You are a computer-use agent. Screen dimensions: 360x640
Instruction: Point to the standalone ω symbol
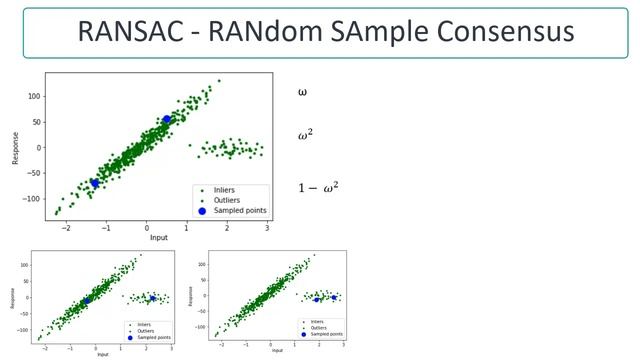[x=302, y=92]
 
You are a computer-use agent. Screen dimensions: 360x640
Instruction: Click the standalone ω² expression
[x=305, y=136]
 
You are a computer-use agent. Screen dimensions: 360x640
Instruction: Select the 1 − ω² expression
[x=318, y=187]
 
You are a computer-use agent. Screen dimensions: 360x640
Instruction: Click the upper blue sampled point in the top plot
[x=167, y=120]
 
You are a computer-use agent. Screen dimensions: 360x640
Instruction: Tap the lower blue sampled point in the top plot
[x=96, y=183]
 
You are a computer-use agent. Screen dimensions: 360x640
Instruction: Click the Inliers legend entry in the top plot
[x=227, y=189]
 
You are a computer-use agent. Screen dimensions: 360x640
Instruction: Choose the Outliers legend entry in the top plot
[x=229, y=200]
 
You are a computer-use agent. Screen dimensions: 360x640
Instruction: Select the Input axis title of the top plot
[x=158, y=238]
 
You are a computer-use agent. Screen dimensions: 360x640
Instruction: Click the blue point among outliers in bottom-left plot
[x=153, y=298]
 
